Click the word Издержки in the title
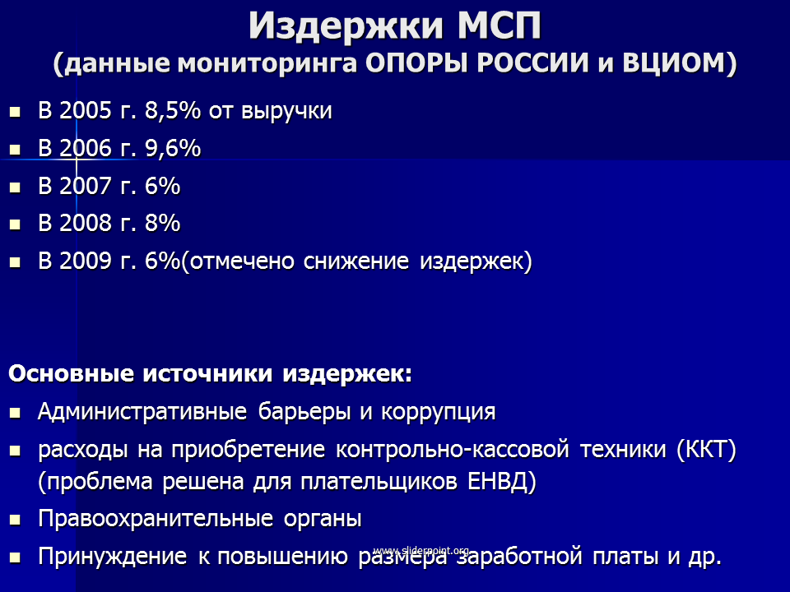point(346,26)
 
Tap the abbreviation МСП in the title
point(499,25)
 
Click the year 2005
point(85,110)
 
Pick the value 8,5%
point(173,111)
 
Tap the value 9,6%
point(173,149)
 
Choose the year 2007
point(85,186)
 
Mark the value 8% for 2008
point(162,223)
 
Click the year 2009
point(85,261)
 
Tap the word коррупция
point(439,412)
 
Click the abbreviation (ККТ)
point(706,450)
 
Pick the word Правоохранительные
point(156,519)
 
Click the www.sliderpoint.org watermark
point(421,550)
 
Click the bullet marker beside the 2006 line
point(15,150)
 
